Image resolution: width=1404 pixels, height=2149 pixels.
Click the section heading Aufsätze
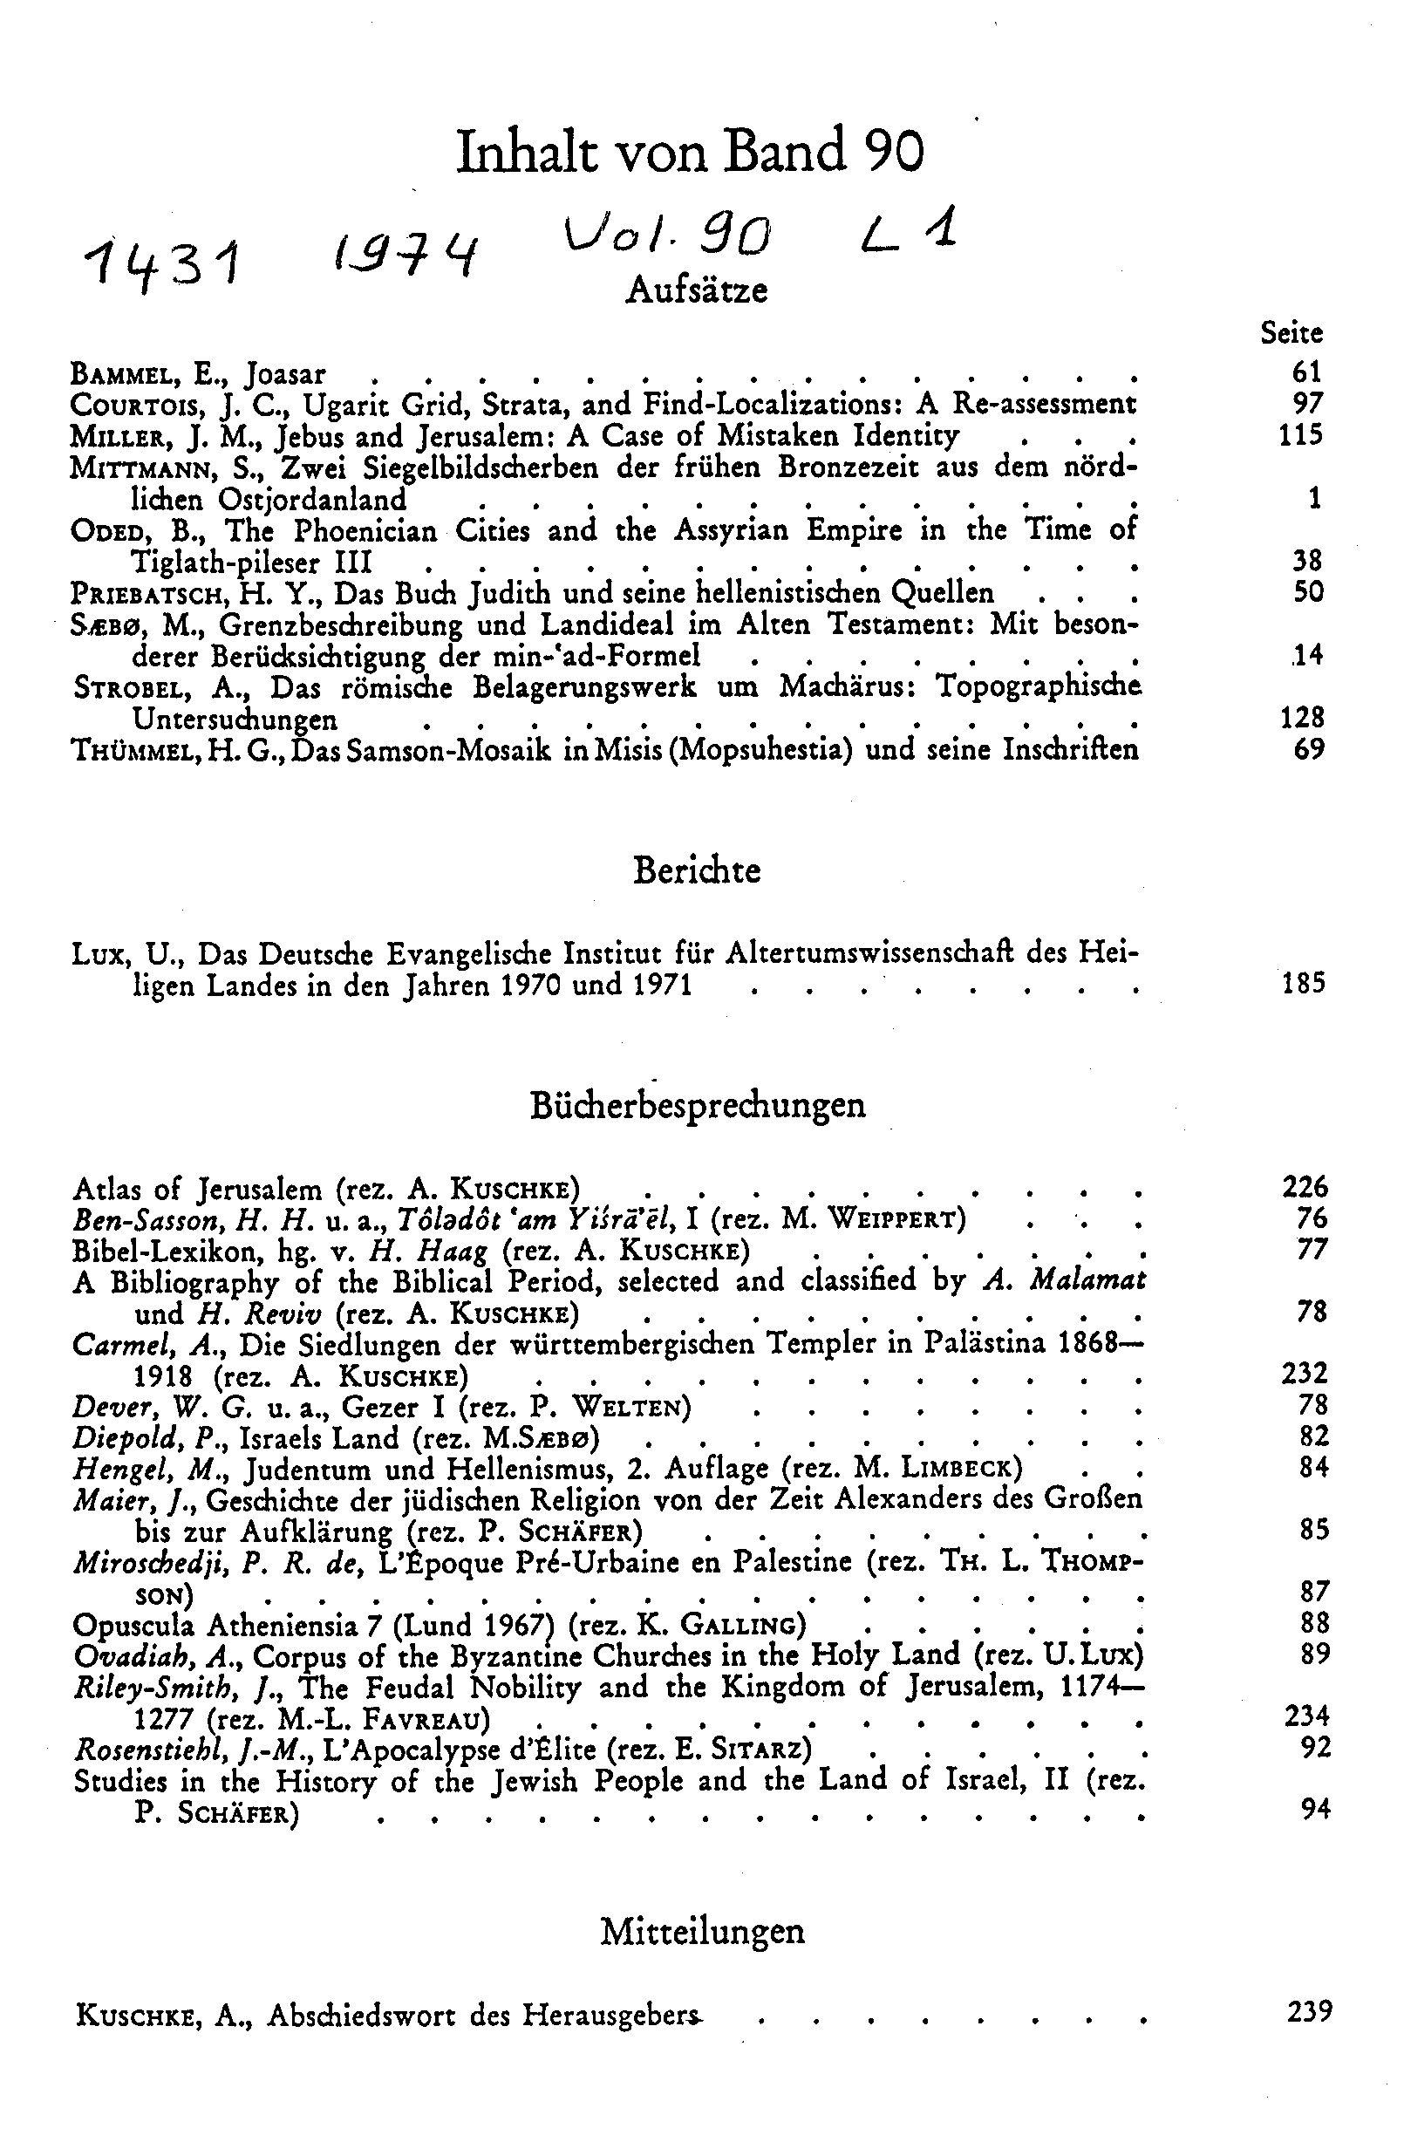[696, 290]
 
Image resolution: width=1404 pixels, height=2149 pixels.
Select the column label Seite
[1292, 333]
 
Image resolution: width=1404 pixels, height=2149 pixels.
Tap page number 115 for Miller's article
[1300, 435]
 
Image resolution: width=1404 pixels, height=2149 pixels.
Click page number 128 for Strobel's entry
[1301, 718]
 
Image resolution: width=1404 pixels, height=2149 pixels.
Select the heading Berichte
[696, 870]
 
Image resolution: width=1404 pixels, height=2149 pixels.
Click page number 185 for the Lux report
[1303, 982]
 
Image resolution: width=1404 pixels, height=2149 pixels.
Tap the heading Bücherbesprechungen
[697, 1104]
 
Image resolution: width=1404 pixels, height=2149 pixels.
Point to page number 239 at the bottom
[1308, 2012]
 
